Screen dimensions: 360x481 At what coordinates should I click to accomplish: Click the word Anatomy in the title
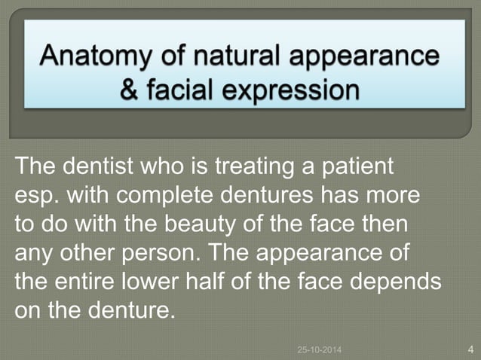[94, 57]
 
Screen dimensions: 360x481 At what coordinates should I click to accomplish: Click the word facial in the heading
[183, 90]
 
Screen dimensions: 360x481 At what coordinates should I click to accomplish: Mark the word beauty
[221, 225]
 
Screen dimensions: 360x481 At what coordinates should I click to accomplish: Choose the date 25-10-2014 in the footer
[319, 349]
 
